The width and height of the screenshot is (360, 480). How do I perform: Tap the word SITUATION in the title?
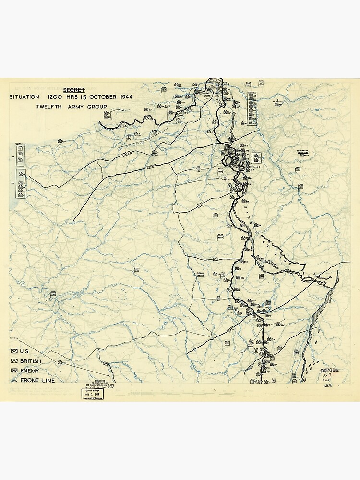coord(24,97)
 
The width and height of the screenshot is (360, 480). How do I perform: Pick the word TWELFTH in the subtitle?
coord(50,107)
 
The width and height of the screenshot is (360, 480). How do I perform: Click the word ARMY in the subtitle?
coord(74,107)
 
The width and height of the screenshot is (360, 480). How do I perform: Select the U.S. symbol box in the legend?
coord(13,352)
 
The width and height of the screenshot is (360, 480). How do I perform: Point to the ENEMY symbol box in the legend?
coord(13,371)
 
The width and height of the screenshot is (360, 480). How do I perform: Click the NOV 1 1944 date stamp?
coord(92,394)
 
